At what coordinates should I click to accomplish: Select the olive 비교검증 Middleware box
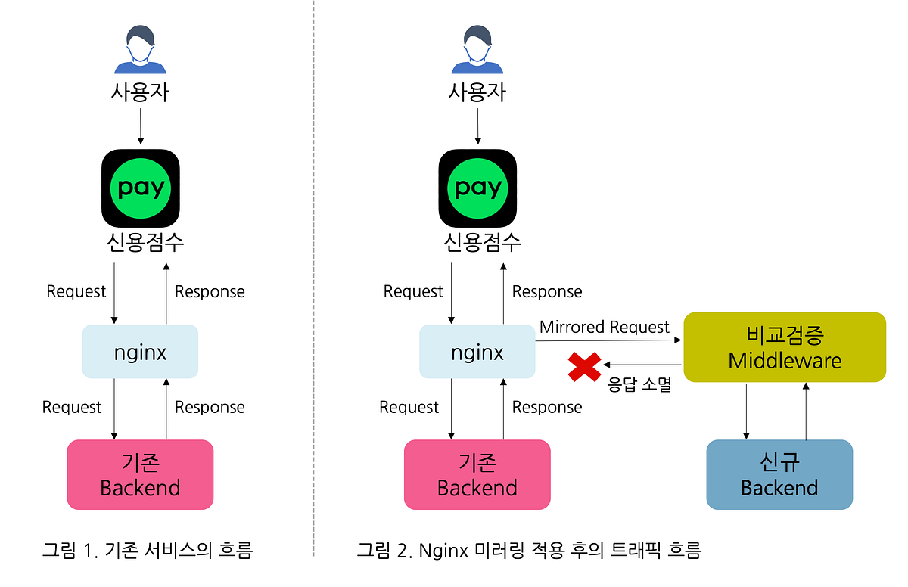[x=784, y=347]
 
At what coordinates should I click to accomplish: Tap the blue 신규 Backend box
[x=779, y=474]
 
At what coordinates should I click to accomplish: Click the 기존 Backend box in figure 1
[x=140, y=474]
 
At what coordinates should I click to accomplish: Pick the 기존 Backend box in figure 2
[x=477, y=474]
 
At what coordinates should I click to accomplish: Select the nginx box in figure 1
[x=140, y=352]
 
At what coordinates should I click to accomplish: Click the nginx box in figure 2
[x=477, y=352]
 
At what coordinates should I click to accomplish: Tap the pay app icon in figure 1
[x=140, y=188]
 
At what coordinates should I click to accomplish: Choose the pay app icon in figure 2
[x=477, y=188]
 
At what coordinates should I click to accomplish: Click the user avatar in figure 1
[x=140, y=50]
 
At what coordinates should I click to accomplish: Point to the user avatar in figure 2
[x=477, y=50]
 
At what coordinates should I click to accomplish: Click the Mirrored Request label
[x=604, y=327]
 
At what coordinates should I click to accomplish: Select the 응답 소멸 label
[x=639, y=385]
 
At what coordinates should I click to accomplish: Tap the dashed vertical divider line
[x=313, y=287]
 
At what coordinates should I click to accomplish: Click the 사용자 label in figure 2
[x=477, y=93]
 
